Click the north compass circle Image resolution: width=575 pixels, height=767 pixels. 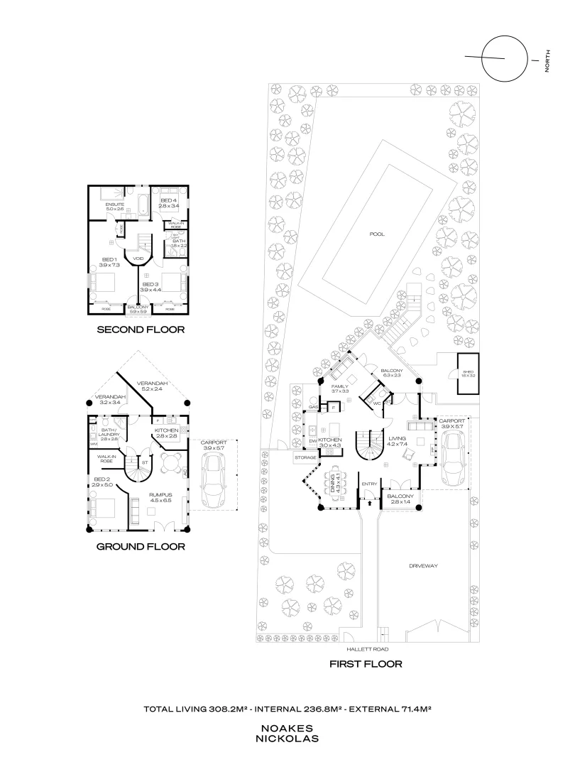pos(503,59)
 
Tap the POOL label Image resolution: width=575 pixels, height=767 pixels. pos(377,234)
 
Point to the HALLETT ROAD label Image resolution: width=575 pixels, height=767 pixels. pos(367,649)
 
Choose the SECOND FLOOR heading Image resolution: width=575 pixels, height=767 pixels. pos(141,330)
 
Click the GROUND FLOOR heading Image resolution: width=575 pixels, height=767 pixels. pos(141,547)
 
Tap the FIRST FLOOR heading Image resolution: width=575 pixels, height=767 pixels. pos(366,665)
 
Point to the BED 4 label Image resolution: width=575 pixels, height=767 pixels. pos(168,201)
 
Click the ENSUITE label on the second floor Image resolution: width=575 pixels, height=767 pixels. pos(115,204)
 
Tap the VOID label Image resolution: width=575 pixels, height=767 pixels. pos(138,259)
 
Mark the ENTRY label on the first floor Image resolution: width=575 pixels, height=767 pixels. pos(369,484)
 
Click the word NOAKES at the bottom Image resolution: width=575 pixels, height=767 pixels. pos(287,729)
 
